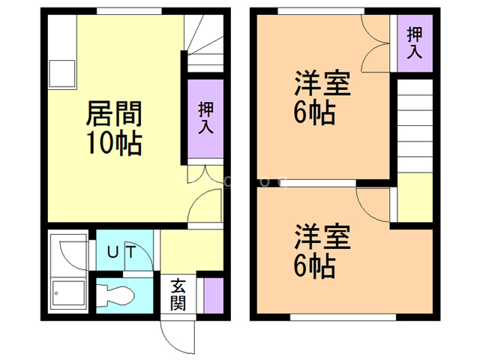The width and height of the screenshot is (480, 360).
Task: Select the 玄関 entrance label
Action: click(x=178, y=295)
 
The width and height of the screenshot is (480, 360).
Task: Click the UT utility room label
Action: click(x=121, y=252)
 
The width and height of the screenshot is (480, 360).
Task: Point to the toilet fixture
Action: click(x=120, y=294)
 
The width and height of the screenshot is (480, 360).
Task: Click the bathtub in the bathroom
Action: click(x=68, y=294)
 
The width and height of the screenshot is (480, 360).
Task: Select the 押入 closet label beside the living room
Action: click(x=205, y=118)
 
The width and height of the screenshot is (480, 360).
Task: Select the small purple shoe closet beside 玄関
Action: click(x=214, y=295)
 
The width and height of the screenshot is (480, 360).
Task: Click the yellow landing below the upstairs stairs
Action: click(x=414, y=197)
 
